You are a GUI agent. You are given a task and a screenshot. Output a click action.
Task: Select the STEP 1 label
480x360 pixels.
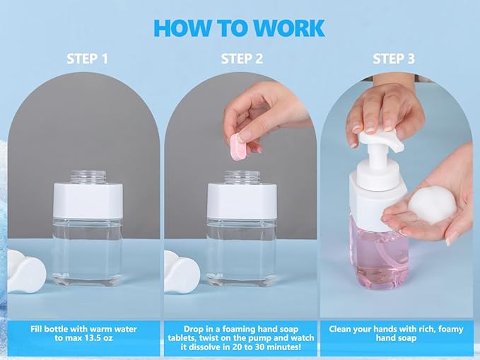pyautogui.click(x=87, y=59)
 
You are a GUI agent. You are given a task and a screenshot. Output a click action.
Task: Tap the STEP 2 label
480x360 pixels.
pyautogui.click(x=241, y=59)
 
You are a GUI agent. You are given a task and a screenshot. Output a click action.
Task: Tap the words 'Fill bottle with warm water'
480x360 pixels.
pyautogui.click(x=83, y=329)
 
